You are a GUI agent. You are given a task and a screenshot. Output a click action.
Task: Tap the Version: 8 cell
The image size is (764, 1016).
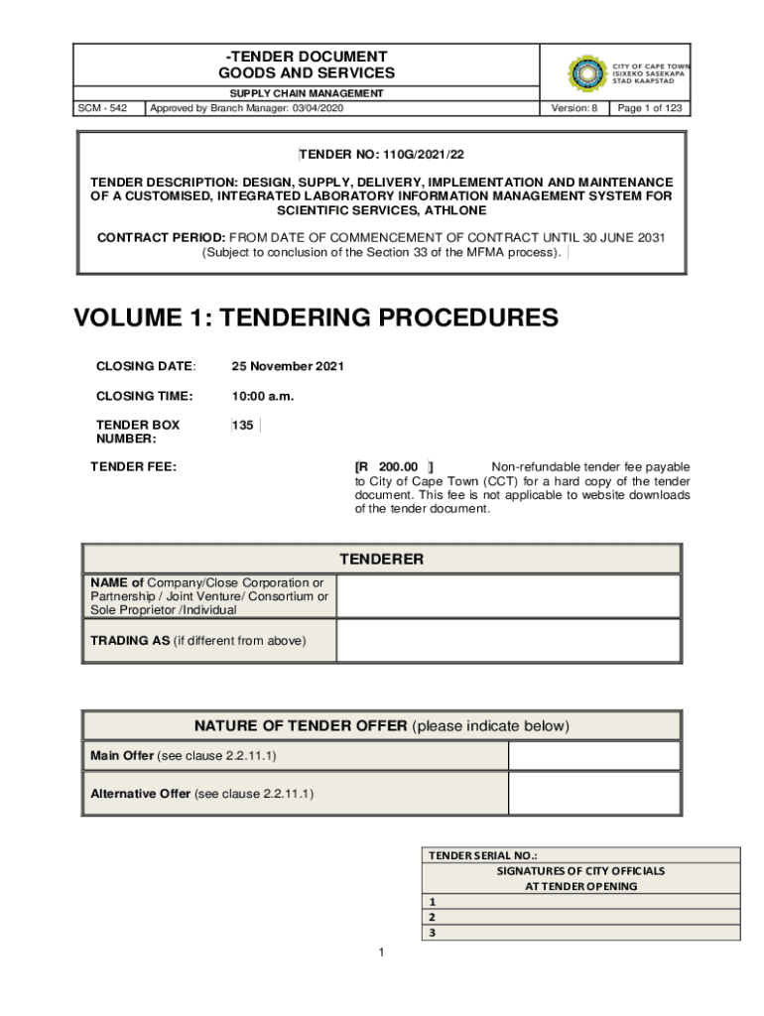tap(575, 108)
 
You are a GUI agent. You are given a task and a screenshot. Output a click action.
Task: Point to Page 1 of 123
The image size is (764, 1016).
tap(650, 108)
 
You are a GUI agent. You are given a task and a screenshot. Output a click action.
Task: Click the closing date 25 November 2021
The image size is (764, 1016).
tap(288, 366)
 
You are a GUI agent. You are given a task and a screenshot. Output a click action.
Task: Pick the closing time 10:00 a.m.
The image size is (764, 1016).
tap(263, 396)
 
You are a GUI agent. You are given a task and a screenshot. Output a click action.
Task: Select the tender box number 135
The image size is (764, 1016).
tap(243, 426)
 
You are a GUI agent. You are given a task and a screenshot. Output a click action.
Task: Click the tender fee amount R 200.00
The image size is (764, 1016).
tap(393, 466)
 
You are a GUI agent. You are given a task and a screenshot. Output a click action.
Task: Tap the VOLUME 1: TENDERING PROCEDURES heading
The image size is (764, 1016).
tap(317, 317)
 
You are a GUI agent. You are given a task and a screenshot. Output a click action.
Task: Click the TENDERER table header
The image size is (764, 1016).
tap(381, 560)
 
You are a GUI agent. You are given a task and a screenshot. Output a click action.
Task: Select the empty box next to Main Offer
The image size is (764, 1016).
tap(593, 756)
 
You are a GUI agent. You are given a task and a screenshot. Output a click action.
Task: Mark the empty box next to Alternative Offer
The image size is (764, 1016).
tap(593, 794)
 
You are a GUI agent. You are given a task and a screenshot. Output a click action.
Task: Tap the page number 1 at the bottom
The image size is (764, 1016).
tap(381, 953)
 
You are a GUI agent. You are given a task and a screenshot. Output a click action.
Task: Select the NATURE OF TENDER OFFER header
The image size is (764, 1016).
tap(381, 726)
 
